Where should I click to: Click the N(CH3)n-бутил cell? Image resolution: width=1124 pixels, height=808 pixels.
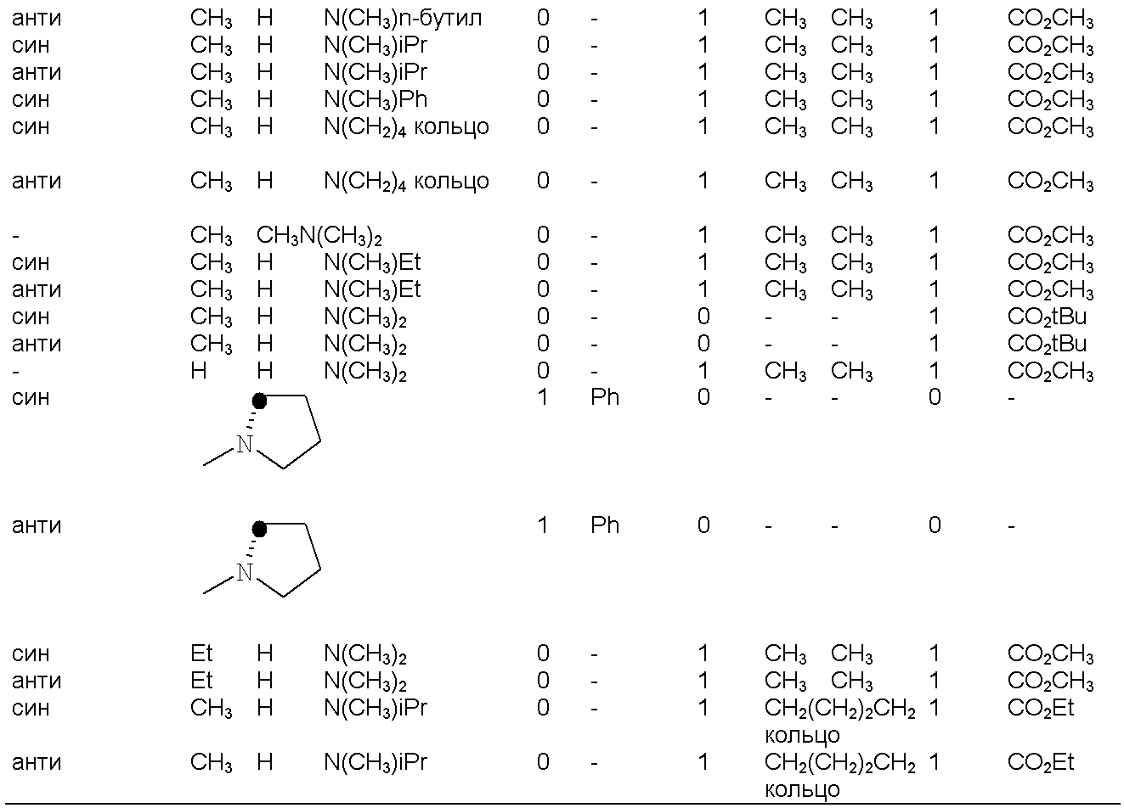[403, 19]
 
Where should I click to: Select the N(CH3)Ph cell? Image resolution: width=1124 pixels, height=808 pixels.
[376, 100]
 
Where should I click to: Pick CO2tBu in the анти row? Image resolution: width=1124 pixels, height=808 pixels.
[1047, 345]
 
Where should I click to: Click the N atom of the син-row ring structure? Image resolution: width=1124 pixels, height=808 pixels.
[245, 445]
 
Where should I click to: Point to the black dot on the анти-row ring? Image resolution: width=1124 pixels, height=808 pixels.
[259, 529]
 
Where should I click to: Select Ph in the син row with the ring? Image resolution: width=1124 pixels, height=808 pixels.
[605, 397]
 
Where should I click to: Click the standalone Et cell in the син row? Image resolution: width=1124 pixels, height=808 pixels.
[201, 654]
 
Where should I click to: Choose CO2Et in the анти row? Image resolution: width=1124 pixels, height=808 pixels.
[1041, 762]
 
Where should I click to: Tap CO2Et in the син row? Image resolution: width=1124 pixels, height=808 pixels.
[1041, 708]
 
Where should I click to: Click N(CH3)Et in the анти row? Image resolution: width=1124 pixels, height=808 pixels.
[372, 290]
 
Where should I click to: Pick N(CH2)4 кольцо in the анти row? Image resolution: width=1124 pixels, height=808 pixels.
[406, 182]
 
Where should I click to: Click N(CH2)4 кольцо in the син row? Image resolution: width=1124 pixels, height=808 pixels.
[406, 127]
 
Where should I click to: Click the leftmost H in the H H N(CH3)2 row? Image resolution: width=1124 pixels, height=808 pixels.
[199, 371]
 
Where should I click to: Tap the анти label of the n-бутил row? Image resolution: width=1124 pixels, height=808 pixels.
[37, 19]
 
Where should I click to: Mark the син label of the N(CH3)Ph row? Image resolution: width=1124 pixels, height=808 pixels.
[31, 100]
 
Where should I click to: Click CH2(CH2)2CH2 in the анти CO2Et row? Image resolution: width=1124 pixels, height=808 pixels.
[840, 763]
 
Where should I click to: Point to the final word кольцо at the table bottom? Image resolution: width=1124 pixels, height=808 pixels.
[802, 790]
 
